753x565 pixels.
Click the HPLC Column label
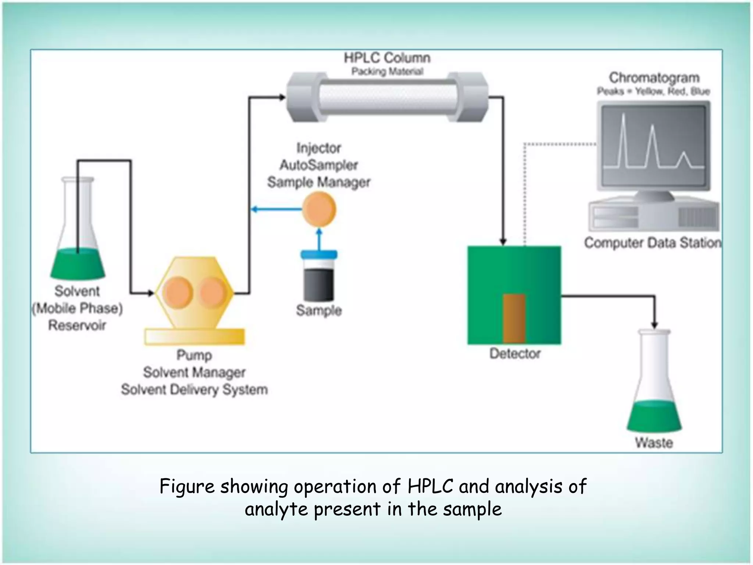tap(387, 58)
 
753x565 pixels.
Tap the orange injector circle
tap(319, 210)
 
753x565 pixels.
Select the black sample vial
tap(319, 283)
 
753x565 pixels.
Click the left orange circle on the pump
tap(178, 292)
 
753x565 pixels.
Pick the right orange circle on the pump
tap(213, 292)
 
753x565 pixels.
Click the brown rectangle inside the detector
tap(514, 319)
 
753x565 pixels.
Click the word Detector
tap(515, 353)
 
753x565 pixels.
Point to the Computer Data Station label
tap(653, 243)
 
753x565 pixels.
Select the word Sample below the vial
tap(319, 310)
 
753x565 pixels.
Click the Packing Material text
tap(387, 71)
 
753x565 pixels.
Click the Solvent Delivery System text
tap(194, 390)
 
